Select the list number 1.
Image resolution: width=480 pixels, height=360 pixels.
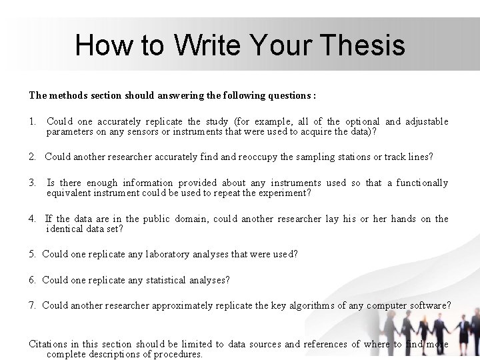click(x=32, y=122)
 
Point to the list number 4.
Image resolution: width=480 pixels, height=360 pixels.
click(x=32, y=219)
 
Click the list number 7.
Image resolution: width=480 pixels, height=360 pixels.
click(x=32, y=306)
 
